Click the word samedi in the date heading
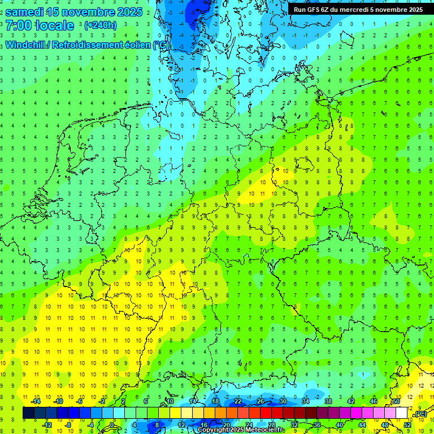click(27, 11)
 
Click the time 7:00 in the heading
click(18, 25)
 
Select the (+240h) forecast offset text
click(101, 25)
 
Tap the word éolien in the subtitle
click(139, 45)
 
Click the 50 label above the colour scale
click(396, 402)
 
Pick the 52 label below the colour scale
click(407, 425)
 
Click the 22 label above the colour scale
click(238, 402)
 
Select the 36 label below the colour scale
click(317, 425)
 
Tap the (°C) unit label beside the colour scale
click(420, 414)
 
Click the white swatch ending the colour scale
click(402, 413)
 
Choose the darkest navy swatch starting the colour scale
click(28, 413)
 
